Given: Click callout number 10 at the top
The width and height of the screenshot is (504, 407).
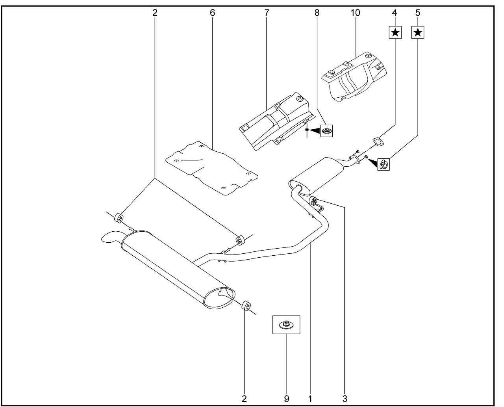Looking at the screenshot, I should (x=355, y=13).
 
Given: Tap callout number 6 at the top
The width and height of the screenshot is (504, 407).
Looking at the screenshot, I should (x=213, y=13).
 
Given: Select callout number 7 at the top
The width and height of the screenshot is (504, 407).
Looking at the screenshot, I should (x=267, y=13).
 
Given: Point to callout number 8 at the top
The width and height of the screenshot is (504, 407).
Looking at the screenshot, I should (x=317, y=13).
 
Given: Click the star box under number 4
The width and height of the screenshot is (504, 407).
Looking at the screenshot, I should (x=395, y=32).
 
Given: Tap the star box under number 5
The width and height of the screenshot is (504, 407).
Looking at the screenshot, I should (x=418, y=32).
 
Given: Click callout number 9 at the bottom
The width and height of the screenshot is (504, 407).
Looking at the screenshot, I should (x=286, y=399).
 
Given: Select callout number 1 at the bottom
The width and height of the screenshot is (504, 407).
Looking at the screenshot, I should (x=310, y=399).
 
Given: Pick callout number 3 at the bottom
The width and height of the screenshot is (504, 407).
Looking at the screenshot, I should (x=345, y=399).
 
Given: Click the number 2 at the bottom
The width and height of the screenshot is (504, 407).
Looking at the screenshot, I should (x=244, y=399).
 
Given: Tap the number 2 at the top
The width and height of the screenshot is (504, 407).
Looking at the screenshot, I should (x=155, y=13).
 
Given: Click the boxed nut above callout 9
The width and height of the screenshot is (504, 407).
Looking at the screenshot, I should (x=286, y=325).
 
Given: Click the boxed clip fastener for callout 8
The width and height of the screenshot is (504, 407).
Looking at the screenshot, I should (x=326, y=131).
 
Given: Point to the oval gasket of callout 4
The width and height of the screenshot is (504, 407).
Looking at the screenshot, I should (x=378, y=141).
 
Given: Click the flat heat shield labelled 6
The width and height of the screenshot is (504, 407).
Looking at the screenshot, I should (x=211, y=167).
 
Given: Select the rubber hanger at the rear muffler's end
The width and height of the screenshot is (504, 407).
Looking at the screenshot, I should (x=247, y=305).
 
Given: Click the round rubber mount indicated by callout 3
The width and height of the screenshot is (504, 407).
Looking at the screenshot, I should (x=314, y=201).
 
